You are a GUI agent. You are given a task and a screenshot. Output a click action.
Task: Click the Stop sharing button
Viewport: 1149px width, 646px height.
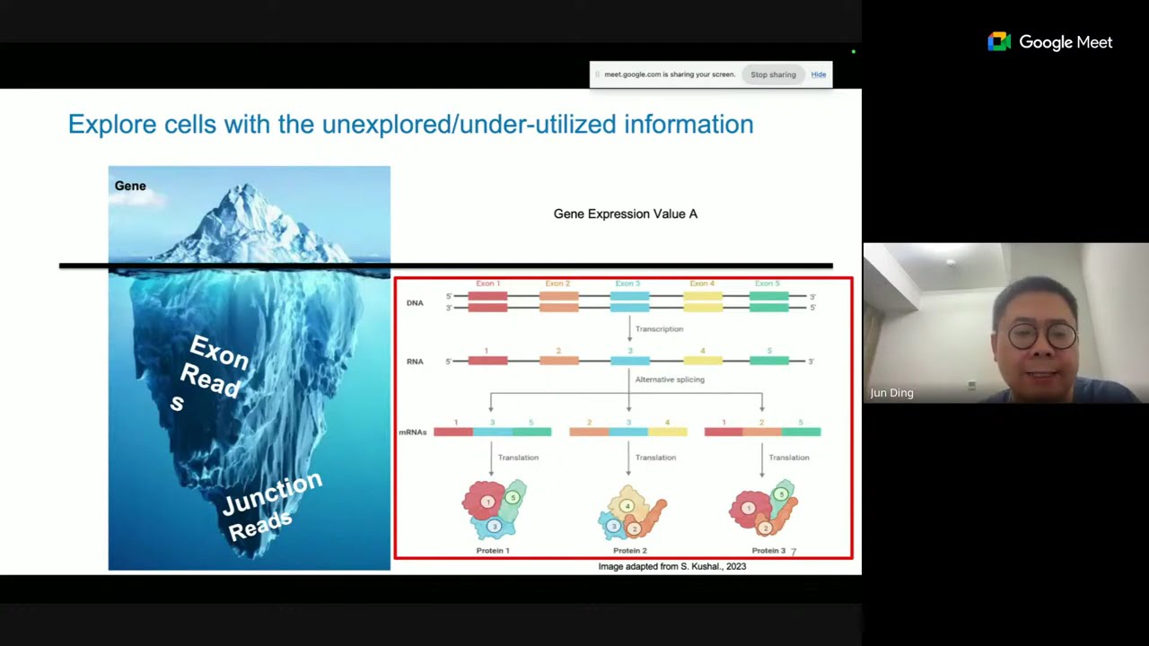pos(773,74)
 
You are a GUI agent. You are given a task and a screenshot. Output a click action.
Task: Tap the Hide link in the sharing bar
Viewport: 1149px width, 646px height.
pos(819,74)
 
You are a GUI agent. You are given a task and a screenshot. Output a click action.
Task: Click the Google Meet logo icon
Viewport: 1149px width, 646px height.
pos(999,42)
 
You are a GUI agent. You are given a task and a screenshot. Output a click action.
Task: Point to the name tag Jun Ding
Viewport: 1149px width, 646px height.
pos(891,393)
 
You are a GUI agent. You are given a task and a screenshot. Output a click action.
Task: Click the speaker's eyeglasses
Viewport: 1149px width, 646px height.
pos(1042,336)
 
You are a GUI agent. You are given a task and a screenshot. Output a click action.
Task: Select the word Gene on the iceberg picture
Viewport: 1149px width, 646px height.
pos(130,186)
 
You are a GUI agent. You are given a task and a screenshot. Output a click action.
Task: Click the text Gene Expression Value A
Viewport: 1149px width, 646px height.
pos(625,214)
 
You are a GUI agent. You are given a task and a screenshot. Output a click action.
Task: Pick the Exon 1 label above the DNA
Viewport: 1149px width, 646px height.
pos(488,284)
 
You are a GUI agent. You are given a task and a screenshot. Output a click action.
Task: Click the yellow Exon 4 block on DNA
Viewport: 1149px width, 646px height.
pos(703,301)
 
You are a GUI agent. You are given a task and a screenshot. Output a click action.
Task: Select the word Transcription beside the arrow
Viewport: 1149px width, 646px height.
pos(659,329)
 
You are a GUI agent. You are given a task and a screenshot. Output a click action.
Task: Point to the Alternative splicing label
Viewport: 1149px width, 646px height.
pos(670,380)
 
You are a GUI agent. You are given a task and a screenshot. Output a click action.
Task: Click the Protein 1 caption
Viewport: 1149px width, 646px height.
pos(493,550)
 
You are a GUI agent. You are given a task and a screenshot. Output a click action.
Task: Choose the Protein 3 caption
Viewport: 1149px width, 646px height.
pos(768,550)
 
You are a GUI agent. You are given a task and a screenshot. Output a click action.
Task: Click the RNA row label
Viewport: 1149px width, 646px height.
pos(415,362)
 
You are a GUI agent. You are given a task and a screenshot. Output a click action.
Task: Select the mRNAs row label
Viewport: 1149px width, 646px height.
pos(413,432)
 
